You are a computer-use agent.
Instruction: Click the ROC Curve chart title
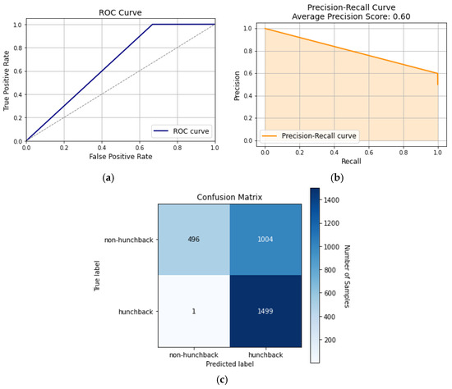[120, 13]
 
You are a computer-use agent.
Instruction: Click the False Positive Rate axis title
[120, 156]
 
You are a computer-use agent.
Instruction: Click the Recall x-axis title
[351, 161]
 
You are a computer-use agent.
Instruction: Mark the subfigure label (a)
[120, 178]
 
